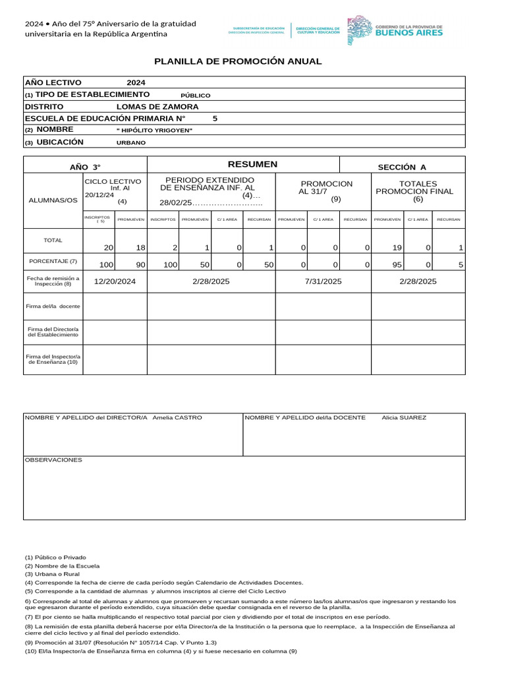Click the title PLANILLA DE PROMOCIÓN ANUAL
click(238, 61)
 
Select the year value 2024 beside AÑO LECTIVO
click(136, 83)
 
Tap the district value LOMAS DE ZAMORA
click(157, 107)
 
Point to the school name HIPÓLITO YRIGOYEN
click(154, 131)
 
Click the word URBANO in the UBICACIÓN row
click(131, 142)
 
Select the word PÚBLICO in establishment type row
click(195, 95)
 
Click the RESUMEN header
click(243, 164)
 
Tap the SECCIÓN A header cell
click(401, 167)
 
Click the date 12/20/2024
click(115, 281)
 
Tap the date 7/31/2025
click(323, 281)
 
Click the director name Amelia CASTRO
click(177, 418)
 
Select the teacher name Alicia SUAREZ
click(404, 418)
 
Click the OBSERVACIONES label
click(53, 459)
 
